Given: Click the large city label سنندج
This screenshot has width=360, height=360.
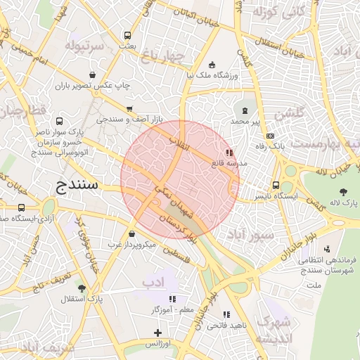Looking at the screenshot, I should click(x=79, y=186).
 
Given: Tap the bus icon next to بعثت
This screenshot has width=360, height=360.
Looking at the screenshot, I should click(x=127, y=35).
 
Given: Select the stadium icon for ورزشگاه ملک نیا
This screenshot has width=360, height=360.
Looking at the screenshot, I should click(x=213, y=64).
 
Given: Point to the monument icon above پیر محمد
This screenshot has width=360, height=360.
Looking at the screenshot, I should click(x=245, y=110).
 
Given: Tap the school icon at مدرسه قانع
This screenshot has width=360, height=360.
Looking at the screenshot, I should click(x=229, y=152).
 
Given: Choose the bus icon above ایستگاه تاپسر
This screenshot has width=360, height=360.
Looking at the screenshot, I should click(x=275, y=186).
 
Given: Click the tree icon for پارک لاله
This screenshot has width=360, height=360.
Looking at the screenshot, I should click(x=343, y=191).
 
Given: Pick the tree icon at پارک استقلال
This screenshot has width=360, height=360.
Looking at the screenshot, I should click(x=82, y=288).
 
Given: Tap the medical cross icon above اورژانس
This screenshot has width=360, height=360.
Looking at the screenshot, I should click(x=158, y=332).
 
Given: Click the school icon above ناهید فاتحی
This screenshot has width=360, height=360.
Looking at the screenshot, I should click(x=226, y=314).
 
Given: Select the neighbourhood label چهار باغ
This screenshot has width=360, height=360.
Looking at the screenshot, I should click(x=162, y=55).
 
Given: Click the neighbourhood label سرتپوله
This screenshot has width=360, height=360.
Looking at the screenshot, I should click(x=85, y=46).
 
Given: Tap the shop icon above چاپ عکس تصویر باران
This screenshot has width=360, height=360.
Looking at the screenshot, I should click(x=93, y=75).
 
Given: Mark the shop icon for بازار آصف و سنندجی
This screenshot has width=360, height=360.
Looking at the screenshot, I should click(x=129, y=109).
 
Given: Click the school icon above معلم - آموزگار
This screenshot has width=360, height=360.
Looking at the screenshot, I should click(x=172, y=298).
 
